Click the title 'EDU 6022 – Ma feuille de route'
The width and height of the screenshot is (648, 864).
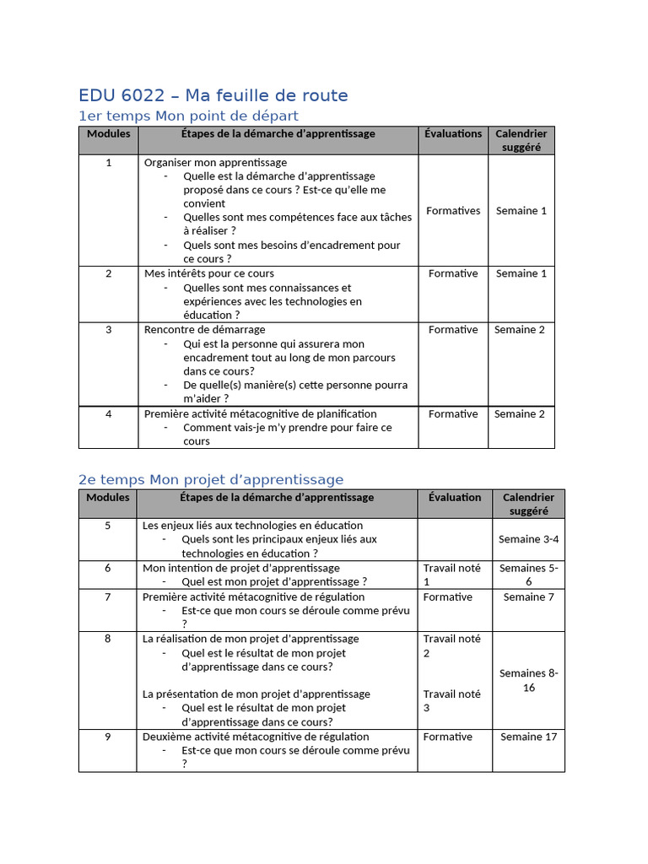(x=213, y=95)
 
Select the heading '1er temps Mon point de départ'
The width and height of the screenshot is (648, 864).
(x=188, y=116)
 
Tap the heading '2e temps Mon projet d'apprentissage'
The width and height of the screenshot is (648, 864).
(x=211, y=479)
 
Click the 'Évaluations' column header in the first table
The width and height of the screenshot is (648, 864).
(x=453, y=133)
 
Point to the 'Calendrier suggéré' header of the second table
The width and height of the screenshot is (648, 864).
(x=528, y=504)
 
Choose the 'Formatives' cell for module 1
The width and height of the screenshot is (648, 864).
(x=453, y=211)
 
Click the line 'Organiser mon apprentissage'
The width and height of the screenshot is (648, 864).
(x=215, y=162)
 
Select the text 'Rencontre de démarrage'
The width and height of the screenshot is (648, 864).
(x=204, y=329)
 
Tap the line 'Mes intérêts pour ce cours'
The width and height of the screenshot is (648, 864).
(x=208, y=273)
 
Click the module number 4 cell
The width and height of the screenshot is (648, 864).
(x=108, y=413)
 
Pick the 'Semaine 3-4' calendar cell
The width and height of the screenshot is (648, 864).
(x=528, y=539)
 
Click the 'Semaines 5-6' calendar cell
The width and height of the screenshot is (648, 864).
(x=528, y=575)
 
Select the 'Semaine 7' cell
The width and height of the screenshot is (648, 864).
(x=528, y=597)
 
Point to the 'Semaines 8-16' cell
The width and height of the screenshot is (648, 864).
(x=528, y=680)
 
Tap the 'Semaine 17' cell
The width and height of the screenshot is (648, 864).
(x=528, y=737)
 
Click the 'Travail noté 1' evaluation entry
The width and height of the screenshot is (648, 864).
(x=451, y=575)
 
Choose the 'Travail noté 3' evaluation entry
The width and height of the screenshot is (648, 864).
(x=451, y=700)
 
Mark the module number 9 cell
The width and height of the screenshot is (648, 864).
(x=107, y=737)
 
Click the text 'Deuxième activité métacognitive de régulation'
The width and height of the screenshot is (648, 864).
(x=256, y=737)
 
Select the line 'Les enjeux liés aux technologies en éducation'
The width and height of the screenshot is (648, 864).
(x=252, y=525)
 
